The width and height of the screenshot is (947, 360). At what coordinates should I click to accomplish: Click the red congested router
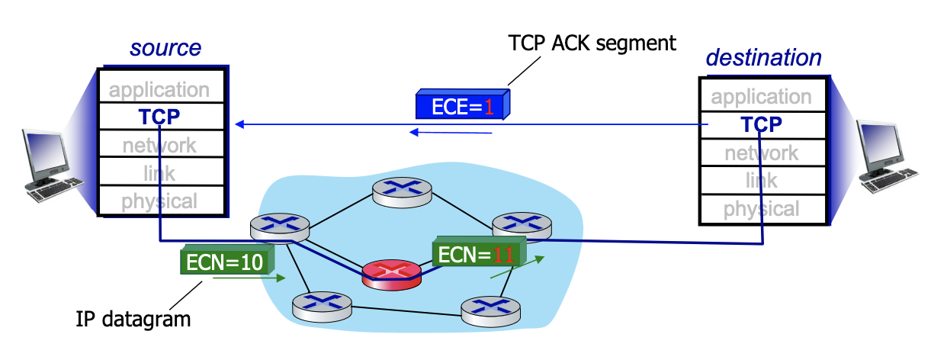click(391, 273)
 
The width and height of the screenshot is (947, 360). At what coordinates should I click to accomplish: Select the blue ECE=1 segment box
click(462, 105)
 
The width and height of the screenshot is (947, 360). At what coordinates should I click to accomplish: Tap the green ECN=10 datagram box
click(226, 261)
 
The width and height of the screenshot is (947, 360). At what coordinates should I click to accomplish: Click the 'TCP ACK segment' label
click(592, 43)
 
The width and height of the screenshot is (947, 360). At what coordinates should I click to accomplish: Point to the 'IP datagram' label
click(133, 319)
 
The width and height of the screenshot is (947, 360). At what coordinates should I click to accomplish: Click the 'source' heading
click(165, 48)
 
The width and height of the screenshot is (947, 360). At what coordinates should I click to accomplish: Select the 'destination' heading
click(763, 57)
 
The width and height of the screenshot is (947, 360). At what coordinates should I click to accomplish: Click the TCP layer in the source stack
click(159, 117)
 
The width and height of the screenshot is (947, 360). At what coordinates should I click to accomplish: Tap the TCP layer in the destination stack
click(761, 124)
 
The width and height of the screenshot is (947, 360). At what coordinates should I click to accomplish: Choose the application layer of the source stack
click(159, 89)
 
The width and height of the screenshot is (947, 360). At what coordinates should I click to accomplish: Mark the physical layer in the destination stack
click(761, 208)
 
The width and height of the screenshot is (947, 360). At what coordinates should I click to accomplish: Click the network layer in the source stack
click(159, 145)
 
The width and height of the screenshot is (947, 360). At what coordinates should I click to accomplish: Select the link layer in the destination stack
click(761, 181)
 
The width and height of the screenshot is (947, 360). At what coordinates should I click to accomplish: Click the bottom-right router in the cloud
click(490, 308)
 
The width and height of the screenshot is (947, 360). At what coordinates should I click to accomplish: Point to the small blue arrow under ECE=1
click(451, 133)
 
